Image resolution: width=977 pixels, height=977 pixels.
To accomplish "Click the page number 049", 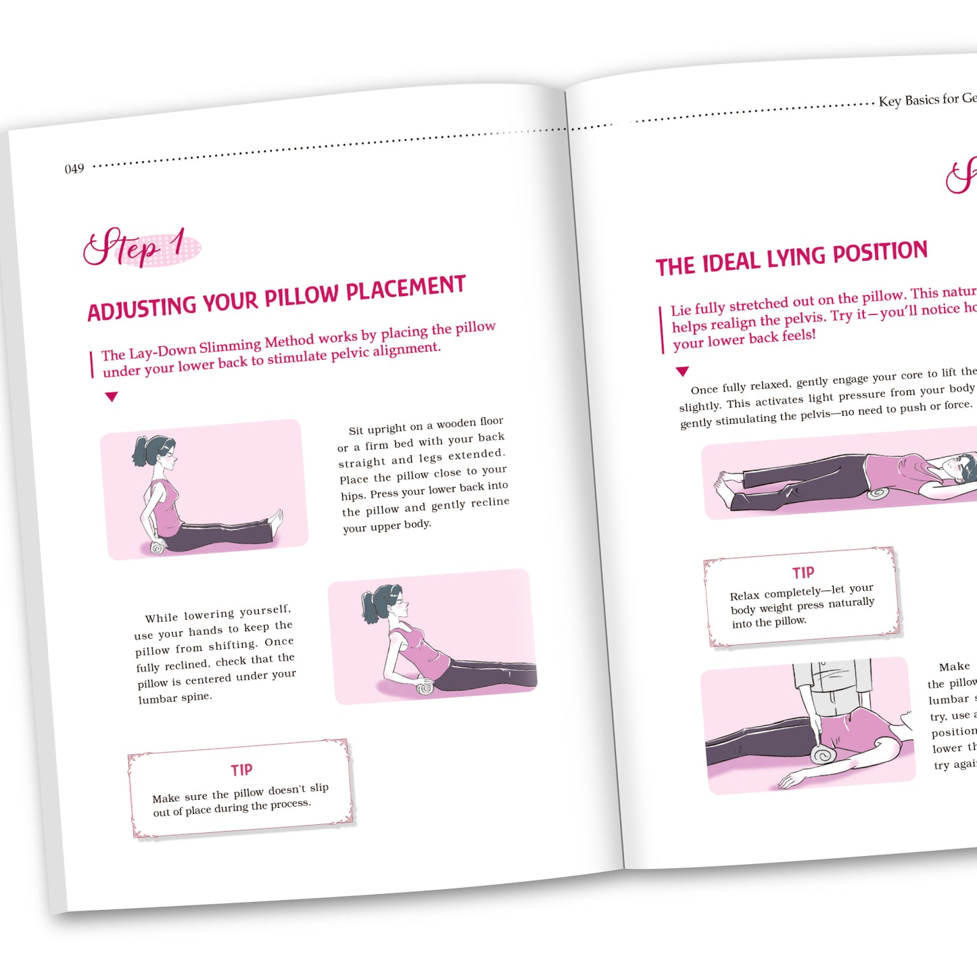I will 74,168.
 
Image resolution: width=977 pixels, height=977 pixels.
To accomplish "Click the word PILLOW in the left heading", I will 301,296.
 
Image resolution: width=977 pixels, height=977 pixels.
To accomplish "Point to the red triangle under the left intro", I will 112,397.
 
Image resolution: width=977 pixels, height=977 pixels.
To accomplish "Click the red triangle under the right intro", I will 682,371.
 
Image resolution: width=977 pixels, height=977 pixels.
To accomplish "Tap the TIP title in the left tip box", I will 241,770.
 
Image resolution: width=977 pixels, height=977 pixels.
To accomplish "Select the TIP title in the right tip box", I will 803,573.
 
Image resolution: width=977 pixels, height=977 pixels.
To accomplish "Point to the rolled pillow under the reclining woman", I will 425,688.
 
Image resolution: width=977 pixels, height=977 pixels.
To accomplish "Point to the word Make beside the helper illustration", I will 954,667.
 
